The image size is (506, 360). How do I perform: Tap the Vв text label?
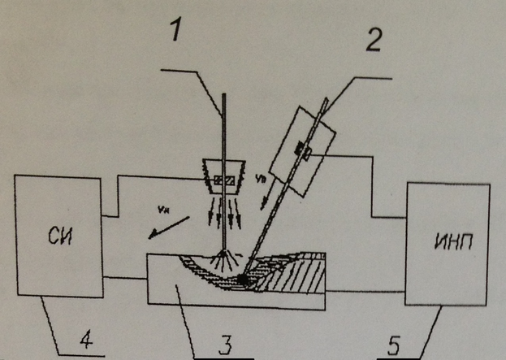[x=261, y=176]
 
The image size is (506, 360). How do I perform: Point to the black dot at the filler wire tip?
[x=243, y=281]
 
